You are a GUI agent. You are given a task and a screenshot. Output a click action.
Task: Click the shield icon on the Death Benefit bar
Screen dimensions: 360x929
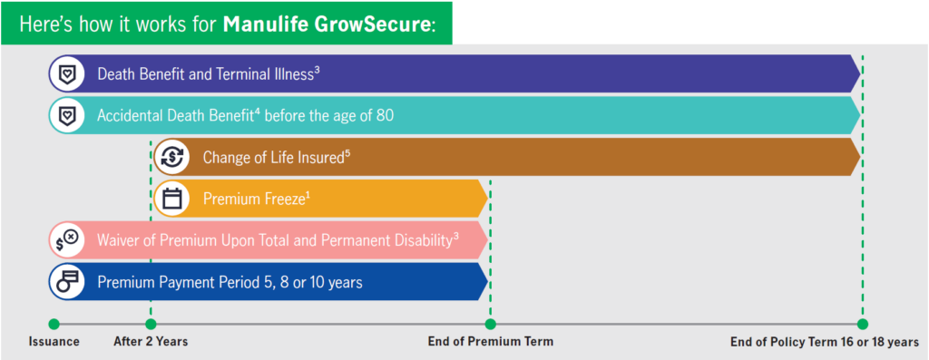tap(67, 73)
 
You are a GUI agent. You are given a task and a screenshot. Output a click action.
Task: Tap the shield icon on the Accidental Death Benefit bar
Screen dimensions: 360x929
tap(67, 116)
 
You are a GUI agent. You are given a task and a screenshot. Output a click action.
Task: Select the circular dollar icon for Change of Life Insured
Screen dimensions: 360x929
tap(172, 157)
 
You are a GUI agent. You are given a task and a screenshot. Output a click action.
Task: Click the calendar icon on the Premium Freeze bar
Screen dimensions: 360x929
tap(172, 199)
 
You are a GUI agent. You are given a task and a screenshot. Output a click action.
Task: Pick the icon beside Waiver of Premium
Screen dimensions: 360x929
tap(67, 240)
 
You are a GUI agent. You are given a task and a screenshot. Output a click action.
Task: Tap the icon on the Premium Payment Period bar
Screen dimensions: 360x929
tap(67, 282)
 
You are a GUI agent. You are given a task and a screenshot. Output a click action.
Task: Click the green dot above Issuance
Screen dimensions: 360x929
tap(54, 324)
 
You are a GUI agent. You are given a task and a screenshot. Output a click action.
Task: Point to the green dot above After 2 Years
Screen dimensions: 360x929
tap(151, 324)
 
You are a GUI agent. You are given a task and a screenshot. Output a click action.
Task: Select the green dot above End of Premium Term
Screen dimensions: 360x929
tap(490, 324)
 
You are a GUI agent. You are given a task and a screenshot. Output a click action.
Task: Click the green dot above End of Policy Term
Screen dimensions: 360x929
tap(862, 324)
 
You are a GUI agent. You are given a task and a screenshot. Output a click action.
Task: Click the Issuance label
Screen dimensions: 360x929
tap(54, 342)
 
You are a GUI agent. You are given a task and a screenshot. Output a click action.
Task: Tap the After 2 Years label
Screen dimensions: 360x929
tap(151, 342)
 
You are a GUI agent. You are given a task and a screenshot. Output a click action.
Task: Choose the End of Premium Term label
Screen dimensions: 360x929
tap(490, 342)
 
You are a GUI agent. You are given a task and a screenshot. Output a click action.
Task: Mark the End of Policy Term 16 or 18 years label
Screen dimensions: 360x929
tap(824, 342)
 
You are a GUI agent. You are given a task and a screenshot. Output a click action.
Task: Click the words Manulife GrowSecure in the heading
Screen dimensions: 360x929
tap(328, 23)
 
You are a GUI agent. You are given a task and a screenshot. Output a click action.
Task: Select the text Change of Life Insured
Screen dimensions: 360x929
tap(274, 157)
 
